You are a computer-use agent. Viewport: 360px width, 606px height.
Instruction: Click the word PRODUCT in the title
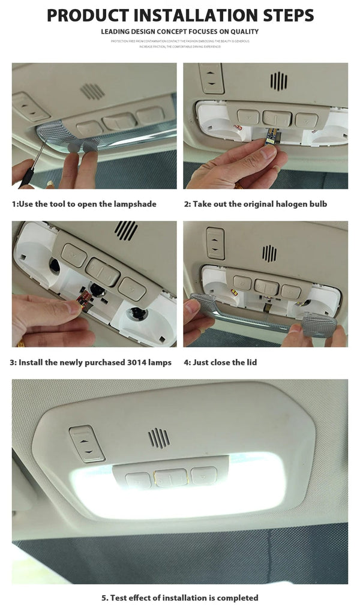pos(88,15)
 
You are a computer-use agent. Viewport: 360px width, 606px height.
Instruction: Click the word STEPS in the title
pos(284,15)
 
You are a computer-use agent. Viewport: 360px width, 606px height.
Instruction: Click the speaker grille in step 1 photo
pos(92,91)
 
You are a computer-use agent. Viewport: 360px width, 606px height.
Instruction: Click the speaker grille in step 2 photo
pos(278,81)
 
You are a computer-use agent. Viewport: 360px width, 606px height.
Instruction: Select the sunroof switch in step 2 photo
pos(211,78)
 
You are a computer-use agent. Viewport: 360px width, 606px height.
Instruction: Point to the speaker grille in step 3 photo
pos(126,230)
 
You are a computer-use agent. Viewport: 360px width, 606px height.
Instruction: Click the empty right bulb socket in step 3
pos(137,313)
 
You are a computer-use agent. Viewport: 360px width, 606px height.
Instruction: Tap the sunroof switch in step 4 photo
pos(215,242)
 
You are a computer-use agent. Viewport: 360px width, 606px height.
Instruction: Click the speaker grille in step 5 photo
pos(159,437)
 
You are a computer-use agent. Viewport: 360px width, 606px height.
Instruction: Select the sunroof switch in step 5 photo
pos(87,443)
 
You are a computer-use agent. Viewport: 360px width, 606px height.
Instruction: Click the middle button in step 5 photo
pos(170,478)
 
